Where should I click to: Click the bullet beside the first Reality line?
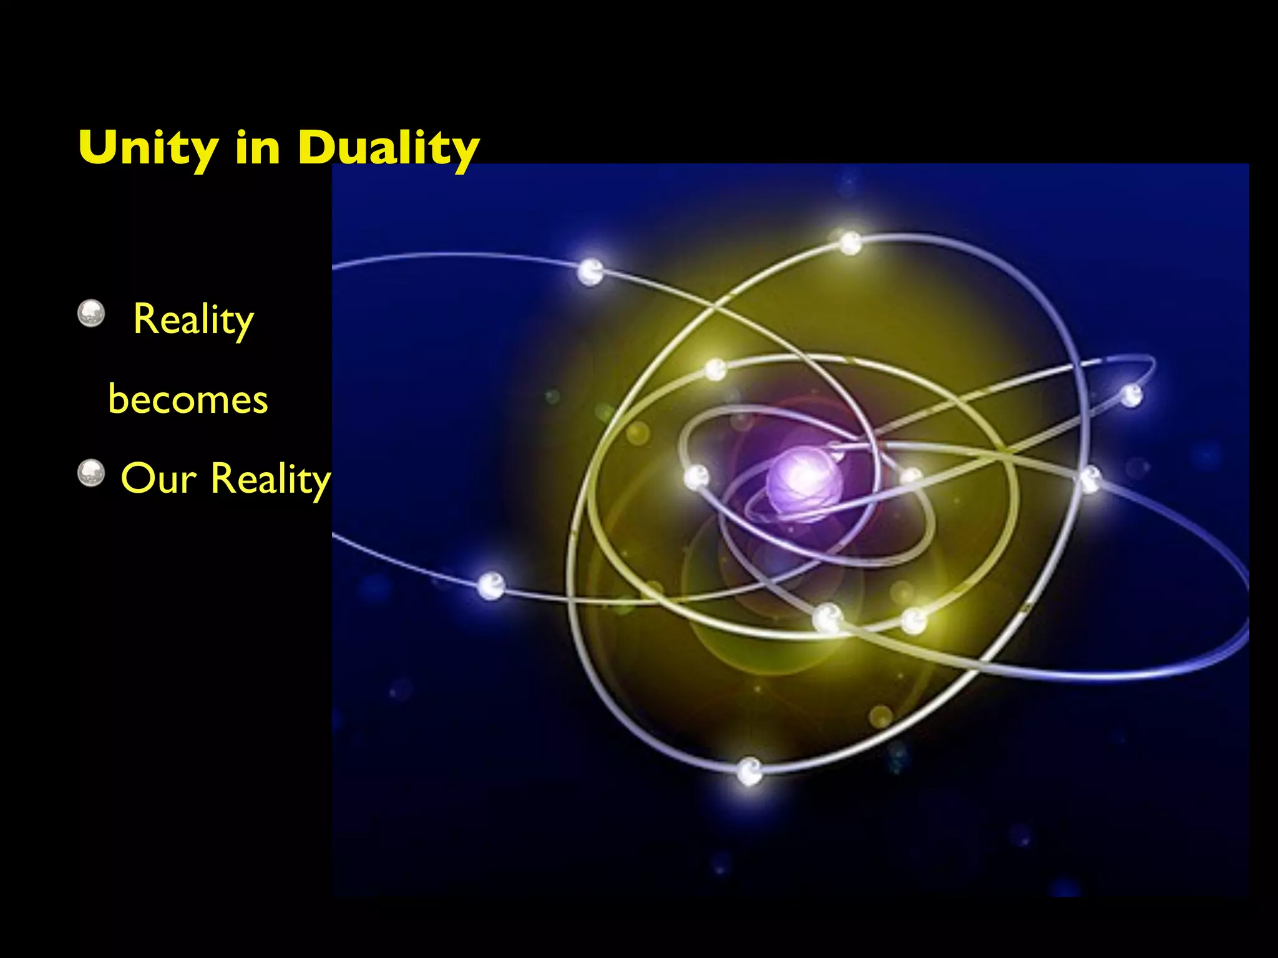[91, 313]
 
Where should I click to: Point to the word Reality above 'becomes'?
[193, 320]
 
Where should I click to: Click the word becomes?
[188, 399]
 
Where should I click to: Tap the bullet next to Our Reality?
[91, 473]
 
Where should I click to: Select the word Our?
[159, 479]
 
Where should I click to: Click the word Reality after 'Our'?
[270, 480]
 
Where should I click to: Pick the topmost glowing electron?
[850, 242]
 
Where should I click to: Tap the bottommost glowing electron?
[749, 771]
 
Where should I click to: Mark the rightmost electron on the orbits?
[1131, 395]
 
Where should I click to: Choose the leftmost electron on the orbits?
[490, 586]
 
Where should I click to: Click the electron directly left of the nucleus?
[696, 478]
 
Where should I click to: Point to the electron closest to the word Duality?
[590, 271]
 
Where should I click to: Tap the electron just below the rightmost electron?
[1090, 479]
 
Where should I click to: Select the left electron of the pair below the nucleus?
[828, 617]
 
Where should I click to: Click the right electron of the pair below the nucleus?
[914, 621]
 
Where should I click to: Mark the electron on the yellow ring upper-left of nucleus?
[716, 369]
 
